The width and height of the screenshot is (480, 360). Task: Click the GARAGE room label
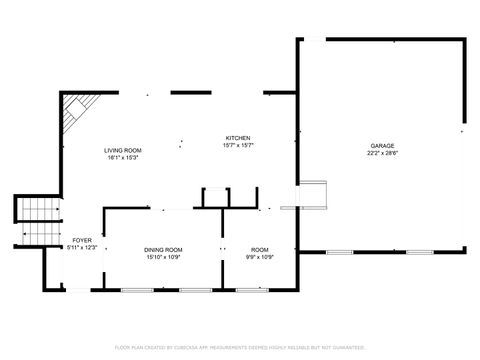click(381, 146)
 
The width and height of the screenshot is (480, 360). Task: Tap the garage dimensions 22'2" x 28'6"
click(381, 154)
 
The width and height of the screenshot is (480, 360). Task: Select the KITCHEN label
click(237, 138)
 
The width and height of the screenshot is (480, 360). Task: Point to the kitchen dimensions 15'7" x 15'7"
click(237, 146)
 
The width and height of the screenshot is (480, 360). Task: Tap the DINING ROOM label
click(163, 249)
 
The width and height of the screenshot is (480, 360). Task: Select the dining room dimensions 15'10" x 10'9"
click(163, 257)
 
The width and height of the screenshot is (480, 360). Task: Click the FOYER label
click(81, 241)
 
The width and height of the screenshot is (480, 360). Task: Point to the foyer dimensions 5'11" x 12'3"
click(81, 248)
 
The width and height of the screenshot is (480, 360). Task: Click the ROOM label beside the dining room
click(260, 249)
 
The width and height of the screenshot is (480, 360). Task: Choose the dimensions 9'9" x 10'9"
click(260, 257)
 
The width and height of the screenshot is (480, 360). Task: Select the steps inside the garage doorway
click(313, 193)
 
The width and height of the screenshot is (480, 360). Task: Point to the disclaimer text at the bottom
click(240, 347)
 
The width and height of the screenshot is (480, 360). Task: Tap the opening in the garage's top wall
click(314, 39)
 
